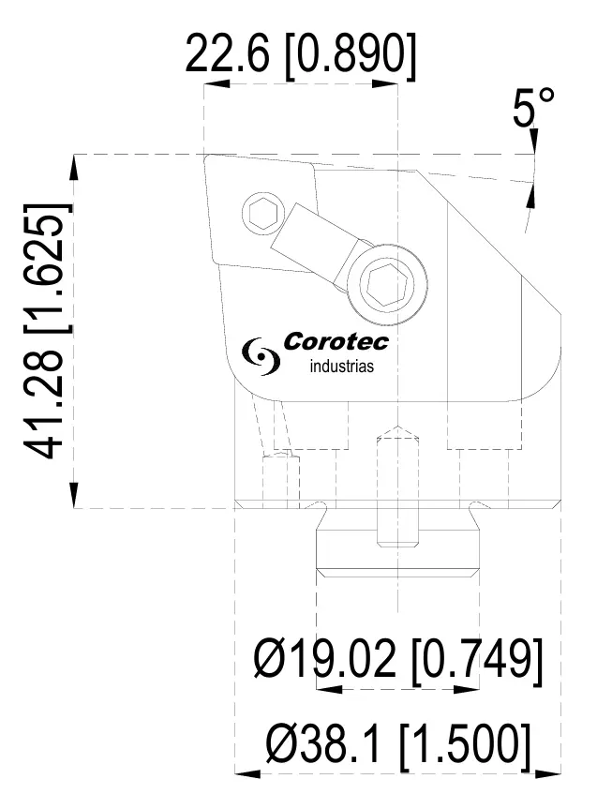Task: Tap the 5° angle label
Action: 533,111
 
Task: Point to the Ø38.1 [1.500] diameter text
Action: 397,746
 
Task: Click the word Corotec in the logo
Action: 335,343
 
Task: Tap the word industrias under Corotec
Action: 341,367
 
